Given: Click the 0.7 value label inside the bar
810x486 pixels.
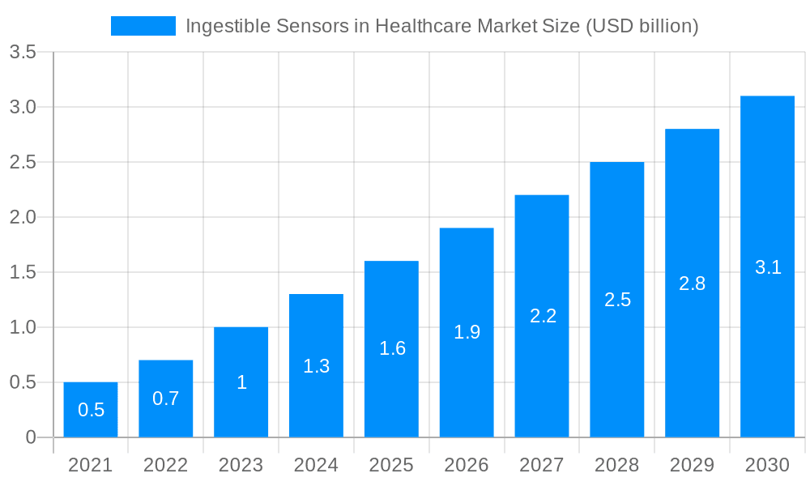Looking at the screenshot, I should [x=166, y=399].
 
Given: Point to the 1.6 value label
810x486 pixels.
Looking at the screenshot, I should [x=392, y=348].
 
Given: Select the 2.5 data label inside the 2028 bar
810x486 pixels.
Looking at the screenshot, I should [x=617, y=300].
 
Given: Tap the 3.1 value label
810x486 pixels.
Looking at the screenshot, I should [x=768, y=267].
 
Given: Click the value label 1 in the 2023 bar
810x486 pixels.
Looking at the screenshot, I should [x=241, y=382].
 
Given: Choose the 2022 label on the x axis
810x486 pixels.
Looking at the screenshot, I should [x=165, y=465].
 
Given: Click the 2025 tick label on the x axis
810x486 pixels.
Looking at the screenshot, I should [x=391, y=465].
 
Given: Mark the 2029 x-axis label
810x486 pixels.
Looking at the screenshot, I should [x=692, y=465].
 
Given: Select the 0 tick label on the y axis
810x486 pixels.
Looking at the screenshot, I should [x=31, y=437].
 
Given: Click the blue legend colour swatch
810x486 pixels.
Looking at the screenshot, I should [x=143, y=26].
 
